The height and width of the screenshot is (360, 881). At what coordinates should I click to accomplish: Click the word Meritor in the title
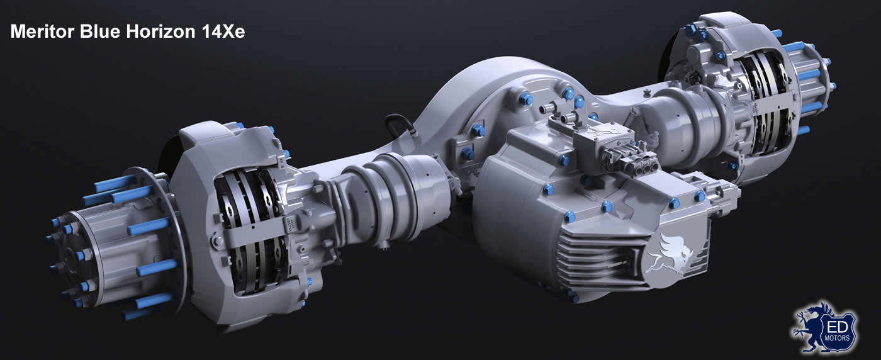pyautogui.click(x=43, y=31)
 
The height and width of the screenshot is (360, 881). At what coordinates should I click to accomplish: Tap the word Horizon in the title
pyautogui.click(x=160, y=31)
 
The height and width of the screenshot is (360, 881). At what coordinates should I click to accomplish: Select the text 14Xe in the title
pyautogui.click(x=223, y=31)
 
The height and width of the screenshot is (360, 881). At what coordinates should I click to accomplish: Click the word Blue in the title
pyautogui.click(x=100, y=31)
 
